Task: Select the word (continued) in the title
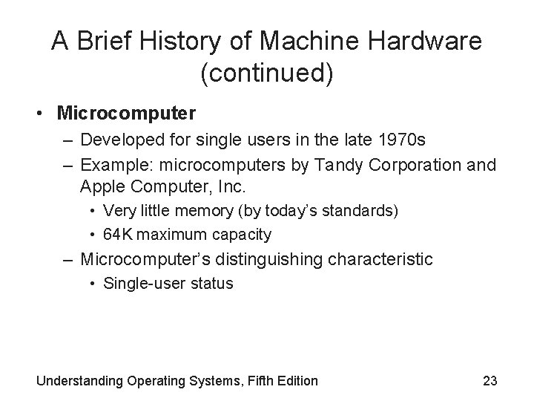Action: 266,74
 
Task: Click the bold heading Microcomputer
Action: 127,114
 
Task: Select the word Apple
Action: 105,186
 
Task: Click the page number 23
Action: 490,381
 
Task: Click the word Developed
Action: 115,140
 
